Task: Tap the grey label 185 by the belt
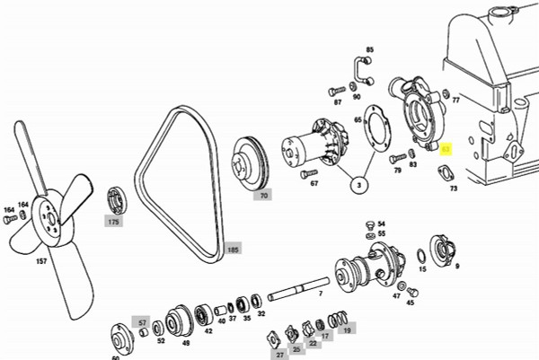click(233, 249)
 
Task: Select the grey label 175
click(113, 222)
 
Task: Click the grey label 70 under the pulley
click(263, 195)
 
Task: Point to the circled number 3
click(358, 186)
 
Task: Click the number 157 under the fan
click(41, 262)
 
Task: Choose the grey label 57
click(142, 321)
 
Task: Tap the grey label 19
click(347, 330)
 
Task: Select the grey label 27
click(279, 356)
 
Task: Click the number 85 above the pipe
click(369, 49)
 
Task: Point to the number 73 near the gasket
click(454, 189)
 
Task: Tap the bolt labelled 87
click(337, 90)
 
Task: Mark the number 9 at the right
click(457, 267)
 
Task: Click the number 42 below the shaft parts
click(208, 331)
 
